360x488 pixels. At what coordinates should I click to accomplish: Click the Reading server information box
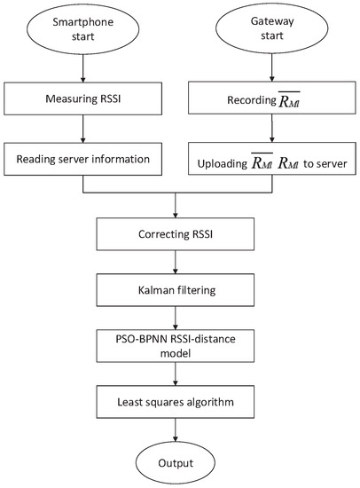[x=82, y=161]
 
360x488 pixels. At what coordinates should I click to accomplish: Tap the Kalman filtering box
[x=179, y=289]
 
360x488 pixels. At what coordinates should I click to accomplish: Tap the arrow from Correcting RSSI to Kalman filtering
[x=179, y=264]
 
